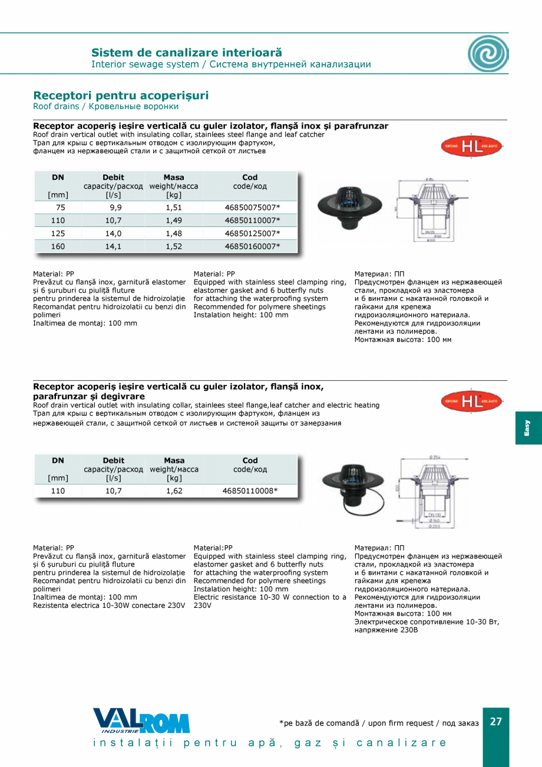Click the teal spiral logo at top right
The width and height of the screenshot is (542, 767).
(x=488, y=54)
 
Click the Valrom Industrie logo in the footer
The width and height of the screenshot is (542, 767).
(x=141, y=721)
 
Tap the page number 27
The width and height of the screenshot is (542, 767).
(x=496, y=722)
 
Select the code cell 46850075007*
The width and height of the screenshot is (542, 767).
(x=252, y=208)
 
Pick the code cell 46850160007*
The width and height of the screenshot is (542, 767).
(x=252, y=246)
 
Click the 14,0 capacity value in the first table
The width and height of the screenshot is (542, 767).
(x=113, y=233)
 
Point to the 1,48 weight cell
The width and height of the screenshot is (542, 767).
(x=174, y=233)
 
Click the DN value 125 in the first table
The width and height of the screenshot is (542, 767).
(x=58, y=233)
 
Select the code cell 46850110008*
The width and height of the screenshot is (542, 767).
(x=250, y=491)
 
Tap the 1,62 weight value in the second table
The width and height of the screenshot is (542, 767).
(x=174, y=491)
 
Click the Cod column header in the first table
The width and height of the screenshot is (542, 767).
(x=250, y=177)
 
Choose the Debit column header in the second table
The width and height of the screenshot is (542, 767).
(x=113, y=460)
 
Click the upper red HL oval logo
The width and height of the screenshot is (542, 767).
(x=471, y=146)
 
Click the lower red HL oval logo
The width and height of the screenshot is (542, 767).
(x=471, y=402)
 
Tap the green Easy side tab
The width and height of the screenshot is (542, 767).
(x=528, y=428)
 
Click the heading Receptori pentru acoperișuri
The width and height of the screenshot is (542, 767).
(x=121, y=96)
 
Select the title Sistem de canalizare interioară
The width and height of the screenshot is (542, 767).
(x=187, y=53)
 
